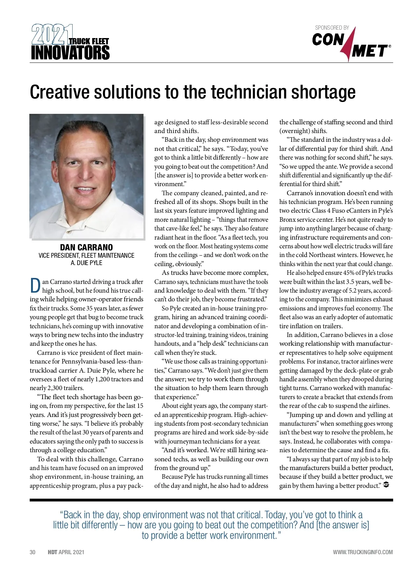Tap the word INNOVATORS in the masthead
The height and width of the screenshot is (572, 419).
70,53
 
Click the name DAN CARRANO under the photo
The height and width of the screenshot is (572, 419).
86,247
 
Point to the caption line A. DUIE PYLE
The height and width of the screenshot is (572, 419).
86,263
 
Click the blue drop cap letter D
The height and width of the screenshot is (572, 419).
35,286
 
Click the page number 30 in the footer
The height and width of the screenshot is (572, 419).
32,552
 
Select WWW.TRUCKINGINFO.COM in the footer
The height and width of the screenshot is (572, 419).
363,552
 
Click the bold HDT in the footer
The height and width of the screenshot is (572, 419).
52,552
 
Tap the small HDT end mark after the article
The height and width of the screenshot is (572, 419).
386,485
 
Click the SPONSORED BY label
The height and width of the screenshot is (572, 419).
332,28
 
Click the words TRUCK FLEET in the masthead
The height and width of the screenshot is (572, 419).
89,41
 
